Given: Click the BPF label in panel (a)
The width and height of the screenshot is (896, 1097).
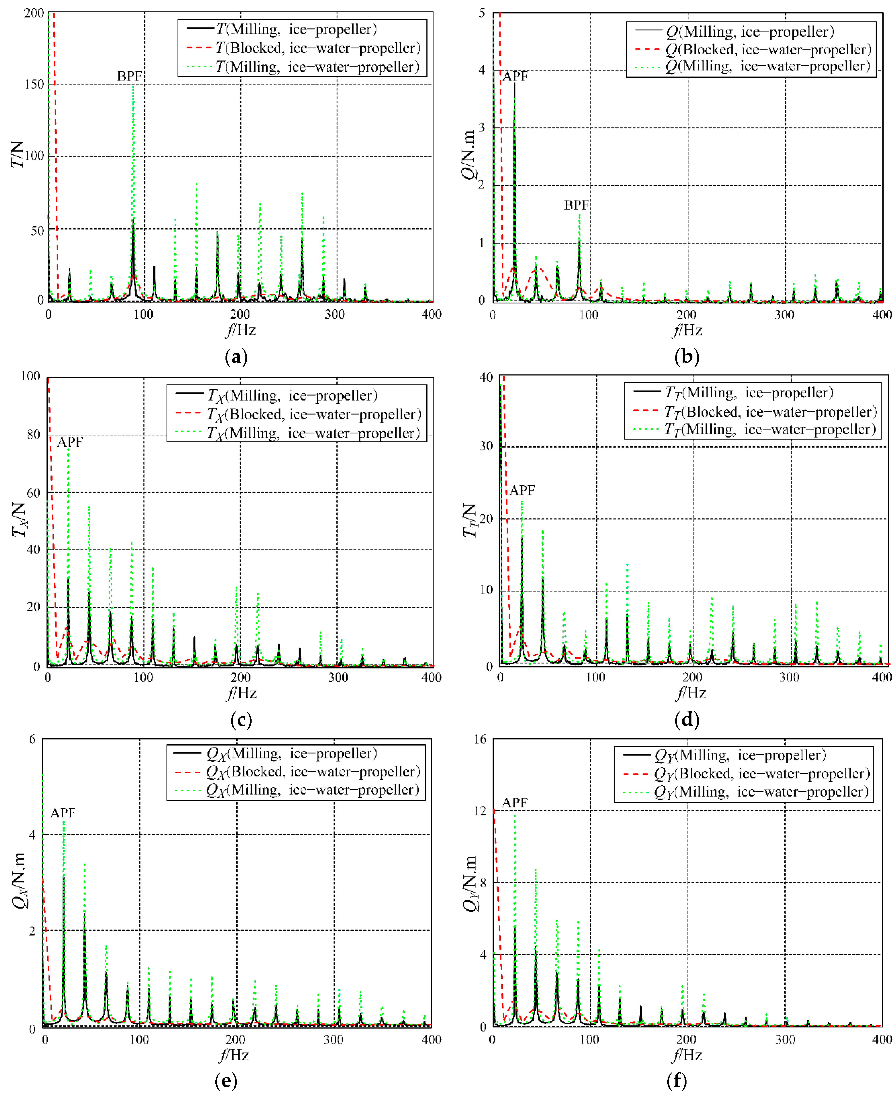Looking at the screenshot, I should click(129, 76).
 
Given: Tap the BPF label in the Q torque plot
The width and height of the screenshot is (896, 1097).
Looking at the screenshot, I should click(576, 205).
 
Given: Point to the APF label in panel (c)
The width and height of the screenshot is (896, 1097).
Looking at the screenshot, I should click(70, 442).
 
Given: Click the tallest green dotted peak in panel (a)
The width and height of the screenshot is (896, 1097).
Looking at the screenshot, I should click(133, 87).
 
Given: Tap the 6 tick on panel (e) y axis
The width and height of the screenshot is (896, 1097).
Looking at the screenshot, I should click(32, 739).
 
